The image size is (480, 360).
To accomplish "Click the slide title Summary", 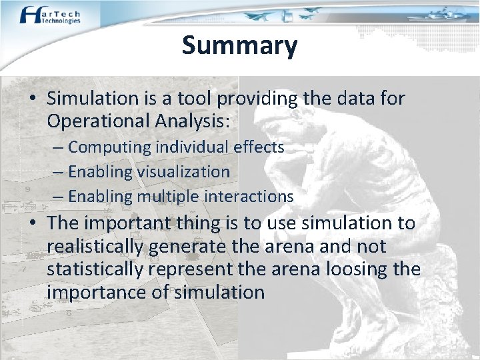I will pos(239,45).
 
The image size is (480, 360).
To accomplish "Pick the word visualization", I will pos(183,171).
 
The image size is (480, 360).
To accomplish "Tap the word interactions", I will pos(250,196).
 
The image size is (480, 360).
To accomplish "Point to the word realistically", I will pos(95,247).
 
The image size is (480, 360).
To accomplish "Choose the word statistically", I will pos(94,269).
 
